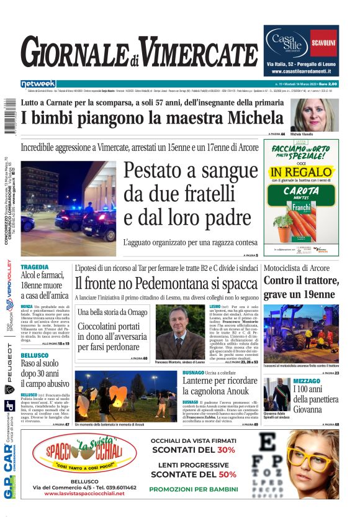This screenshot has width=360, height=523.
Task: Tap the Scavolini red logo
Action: (x=323, y=43)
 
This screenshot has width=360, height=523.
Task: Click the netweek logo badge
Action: (x=38, y=84)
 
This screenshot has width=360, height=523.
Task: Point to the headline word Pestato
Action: (x=163, y=170)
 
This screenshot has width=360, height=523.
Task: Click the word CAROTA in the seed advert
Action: (x=301, y=191)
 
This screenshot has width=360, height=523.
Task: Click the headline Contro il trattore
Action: (x=300, y=280)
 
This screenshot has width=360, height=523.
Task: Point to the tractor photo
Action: (x=300, y=333)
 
